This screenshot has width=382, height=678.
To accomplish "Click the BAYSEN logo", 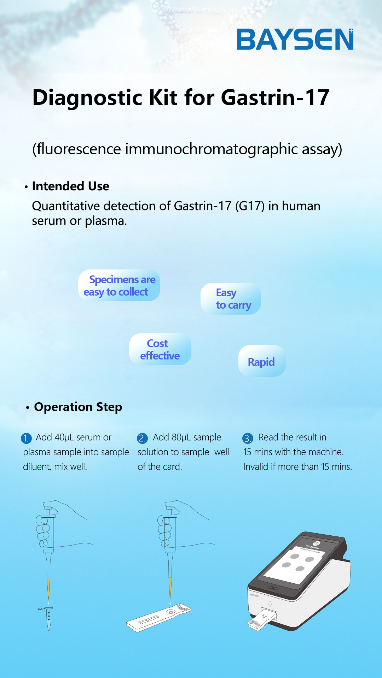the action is click(x=295, y=39).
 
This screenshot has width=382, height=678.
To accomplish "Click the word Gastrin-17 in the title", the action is click(x=275, y=97).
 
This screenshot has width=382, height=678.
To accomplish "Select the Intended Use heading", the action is click(x=70, y=186).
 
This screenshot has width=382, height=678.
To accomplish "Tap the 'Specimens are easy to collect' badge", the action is click(x=119, y=285).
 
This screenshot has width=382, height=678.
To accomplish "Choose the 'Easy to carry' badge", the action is click(x=231, y=299).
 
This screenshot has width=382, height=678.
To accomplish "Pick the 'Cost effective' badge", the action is click(x=160, y=349).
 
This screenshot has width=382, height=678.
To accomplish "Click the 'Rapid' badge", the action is click(x=262, y=361).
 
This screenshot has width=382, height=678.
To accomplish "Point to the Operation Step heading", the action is click(x=78, y=407).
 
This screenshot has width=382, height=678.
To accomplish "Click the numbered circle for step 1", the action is click(x=26, y=438).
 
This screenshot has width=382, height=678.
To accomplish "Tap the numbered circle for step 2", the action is click(x=142, y=438).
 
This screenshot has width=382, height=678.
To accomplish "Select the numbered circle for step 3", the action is click(x=248, y=438).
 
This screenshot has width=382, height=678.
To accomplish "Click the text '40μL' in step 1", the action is click(x=64, y=437).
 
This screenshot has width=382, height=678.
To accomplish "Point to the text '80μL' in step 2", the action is click(x=181, y=437).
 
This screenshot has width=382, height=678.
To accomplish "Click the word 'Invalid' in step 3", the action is click(x=256, y=466).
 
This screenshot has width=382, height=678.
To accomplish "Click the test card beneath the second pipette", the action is click(x=158, y=618).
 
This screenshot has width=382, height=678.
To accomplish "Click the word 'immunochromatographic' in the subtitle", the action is click(x=212, y=149).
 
